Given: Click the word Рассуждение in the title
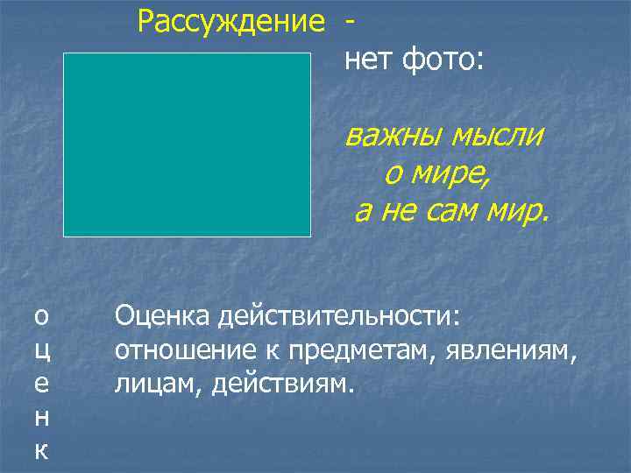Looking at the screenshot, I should click(231, 21).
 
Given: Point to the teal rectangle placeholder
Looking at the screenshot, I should click(187, 145).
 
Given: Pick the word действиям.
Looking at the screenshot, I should click(281, 385).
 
